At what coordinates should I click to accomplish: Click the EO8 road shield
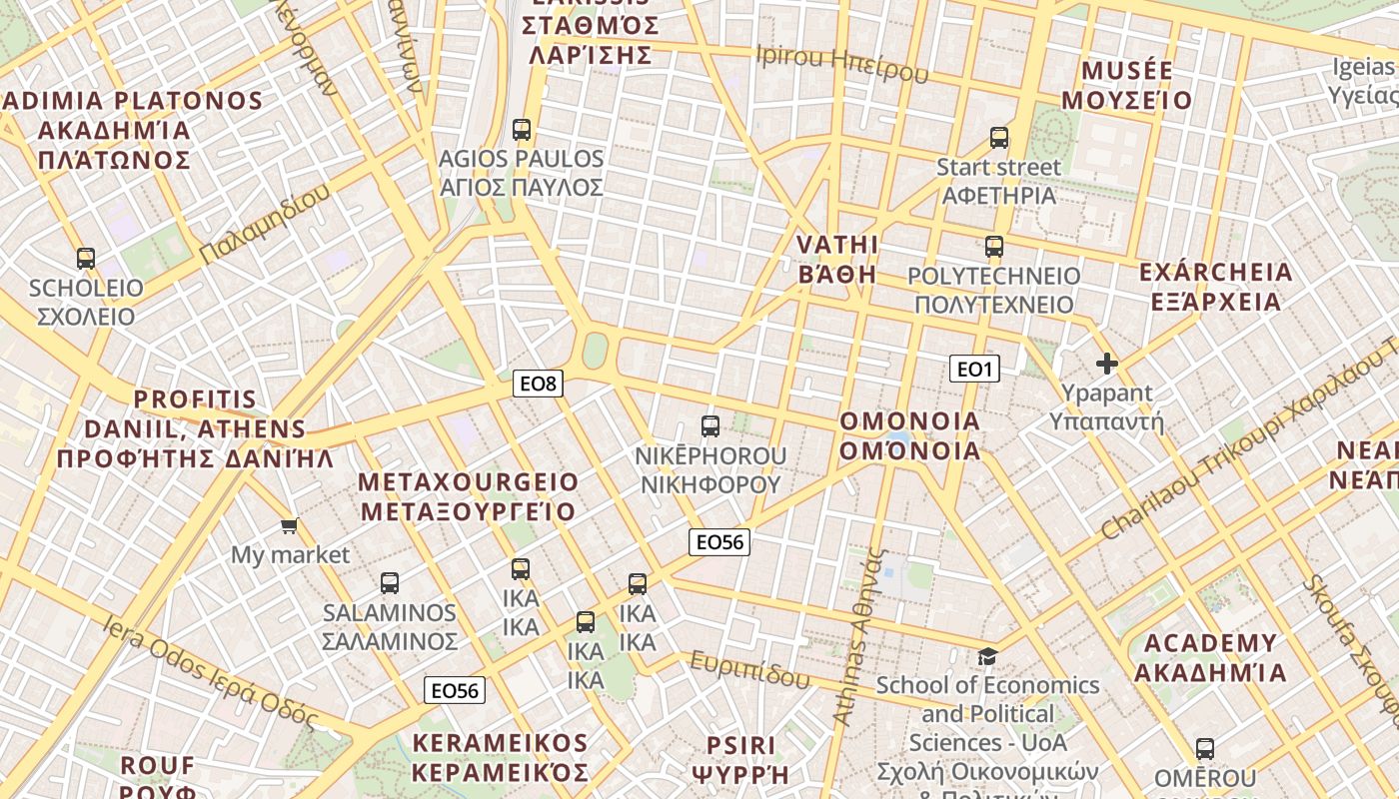coord(538,383)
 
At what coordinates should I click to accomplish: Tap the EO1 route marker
coord(974,370)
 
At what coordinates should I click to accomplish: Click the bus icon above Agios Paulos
coord(522,129)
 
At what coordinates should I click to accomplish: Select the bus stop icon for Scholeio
coord(86,259)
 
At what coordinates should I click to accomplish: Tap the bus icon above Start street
coord(999,138)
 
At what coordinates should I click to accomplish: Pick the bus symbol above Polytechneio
coord(993,247)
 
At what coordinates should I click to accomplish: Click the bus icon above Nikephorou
coord(710,426)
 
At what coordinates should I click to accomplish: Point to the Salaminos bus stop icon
coord(390,583)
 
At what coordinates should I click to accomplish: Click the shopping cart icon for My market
coord(290,525)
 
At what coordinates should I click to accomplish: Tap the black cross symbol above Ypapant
coord(1106,364)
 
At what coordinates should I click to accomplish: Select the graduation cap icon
coord(987,656)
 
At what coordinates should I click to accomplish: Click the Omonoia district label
coord(910,435)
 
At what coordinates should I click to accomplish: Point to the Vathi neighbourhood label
coord(837,260)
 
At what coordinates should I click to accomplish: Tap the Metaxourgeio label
coord(468,497)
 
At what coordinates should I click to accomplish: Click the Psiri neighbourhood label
coord(740,759)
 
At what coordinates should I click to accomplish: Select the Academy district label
coord(1210,657)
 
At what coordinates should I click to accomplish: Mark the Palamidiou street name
coord(265,225)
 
